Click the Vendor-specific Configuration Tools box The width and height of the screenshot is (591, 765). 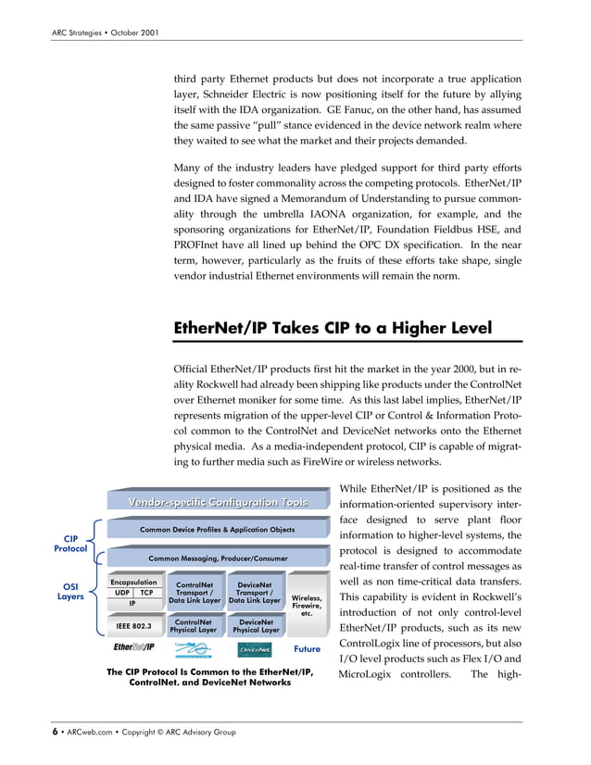(218, 501)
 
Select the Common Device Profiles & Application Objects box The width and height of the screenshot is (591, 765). (218, 530)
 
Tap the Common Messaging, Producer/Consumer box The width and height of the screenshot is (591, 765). (218, 559)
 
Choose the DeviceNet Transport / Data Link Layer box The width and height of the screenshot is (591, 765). (254, 593)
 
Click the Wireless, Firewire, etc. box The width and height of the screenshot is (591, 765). (308, 606)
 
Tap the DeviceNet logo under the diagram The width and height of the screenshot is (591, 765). (254, 649)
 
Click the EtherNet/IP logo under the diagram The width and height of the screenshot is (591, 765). (134, 648)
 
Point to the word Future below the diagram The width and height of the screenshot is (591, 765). (307, 649)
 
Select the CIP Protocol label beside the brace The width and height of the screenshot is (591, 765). (69, 543)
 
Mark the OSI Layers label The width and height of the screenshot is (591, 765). (69, 591)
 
